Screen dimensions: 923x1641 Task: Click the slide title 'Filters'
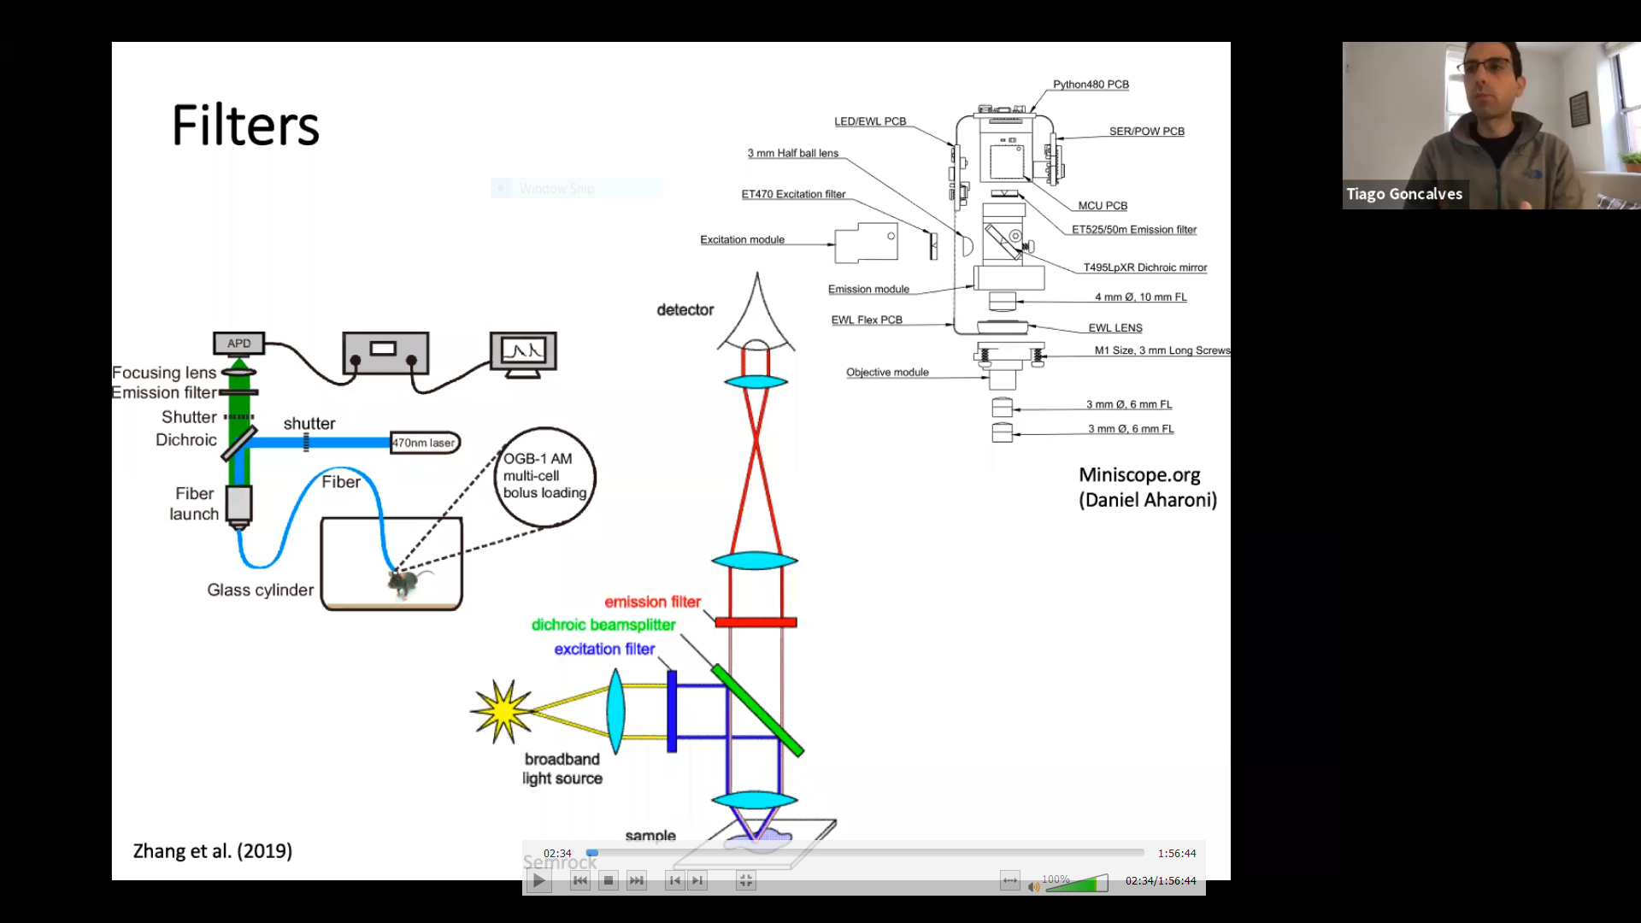tap(245, 126)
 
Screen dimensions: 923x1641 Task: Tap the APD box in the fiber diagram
tap(238, 344)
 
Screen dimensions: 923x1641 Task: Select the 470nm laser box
tap(425, 443)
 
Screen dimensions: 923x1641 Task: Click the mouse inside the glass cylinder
tap(402, 583)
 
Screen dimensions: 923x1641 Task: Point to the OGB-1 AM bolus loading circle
tap(544, 476)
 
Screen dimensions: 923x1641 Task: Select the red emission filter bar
tap(756, 622)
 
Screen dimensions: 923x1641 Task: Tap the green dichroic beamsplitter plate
tap(757, 710)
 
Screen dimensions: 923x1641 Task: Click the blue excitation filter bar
tap(672, 711)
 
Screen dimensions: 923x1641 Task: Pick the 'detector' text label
tap(685, 310)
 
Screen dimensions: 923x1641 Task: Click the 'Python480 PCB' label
tap(1091, 85)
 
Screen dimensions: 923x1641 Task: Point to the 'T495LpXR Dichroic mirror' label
tap(1145, 267)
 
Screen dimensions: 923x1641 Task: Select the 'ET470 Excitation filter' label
tap(793, 194)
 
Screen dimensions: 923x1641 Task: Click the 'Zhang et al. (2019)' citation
tap(213, 851)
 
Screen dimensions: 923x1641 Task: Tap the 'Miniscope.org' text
tap(1139, 475)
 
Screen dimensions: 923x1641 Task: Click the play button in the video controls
tap(538, 881)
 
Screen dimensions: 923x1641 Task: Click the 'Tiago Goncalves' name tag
tap(1404, 194)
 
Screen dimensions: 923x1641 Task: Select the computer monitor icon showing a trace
tap(523, 351)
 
